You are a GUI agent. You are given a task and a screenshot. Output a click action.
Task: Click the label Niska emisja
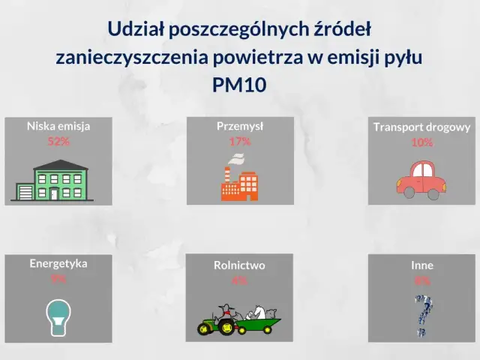pyautogui.click(x=58, y=126)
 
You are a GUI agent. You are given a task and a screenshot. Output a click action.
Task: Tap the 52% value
pyautogui.click(x=58, y=141)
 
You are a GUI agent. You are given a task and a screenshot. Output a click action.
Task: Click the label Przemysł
pyautogui.click(x=240, y=126)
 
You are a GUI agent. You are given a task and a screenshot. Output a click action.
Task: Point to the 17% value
pyautogui.click(x=240, y=141)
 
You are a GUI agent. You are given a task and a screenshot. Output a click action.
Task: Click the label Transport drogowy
pyautogui.click(x=421, y=127)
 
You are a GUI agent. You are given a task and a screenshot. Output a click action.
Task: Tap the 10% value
pyautogui.click(x=421, y=142)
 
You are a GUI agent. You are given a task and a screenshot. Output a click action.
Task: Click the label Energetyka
pyautogui.click(x=58, y=263)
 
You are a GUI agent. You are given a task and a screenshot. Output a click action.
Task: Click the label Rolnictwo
pyautogui.click(x=239, y=265)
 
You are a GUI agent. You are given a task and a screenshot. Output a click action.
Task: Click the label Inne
pyautogui.click(x=422, y=265)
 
